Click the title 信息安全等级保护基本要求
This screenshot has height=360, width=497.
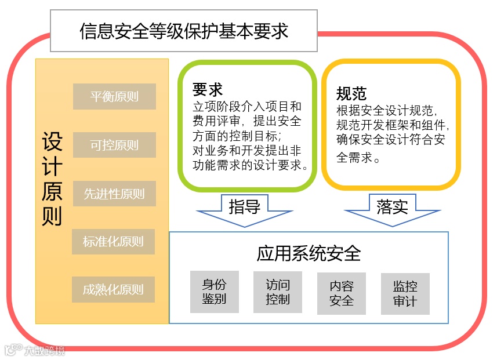184,31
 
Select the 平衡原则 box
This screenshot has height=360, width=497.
114,97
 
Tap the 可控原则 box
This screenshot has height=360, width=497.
114,145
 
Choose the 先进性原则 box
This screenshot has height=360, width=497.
114,194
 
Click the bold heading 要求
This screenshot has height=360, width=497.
208,90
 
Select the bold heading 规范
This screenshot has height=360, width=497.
351,93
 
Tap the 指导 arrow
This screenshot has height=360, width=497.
244,208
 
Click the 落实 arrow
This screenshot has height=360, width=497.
392,208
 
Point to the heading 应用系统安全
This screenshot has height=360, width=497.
309,253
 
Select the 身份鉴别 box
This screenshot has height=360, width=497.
214,292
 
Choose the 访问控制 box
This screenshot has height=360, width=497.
278,292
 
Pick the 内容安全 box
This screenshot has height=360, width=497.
342,293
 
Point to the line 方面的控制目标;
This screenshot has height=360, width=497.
238,136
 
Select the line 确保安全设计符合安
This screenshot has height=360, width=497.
391,139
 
